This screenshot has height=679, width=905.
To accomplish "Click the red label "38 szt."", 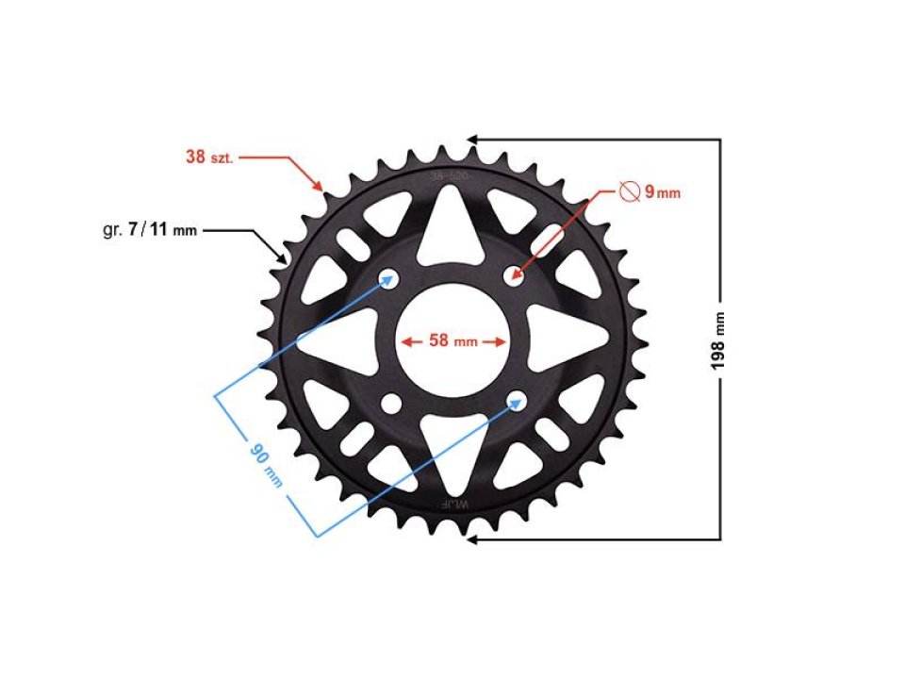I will pyautogui.click(x=208, y=157).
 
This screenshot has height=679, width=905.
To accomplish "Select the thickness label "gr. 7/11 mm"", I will pyautogui.click(x=149, y=229).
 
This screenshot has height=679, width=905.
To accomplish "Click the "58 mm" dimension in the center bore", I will pyautogui.click(x=452, y=341).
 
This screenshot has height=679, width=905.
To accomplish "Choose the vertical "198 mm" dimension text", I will pyautogui.click(x=721, y=340).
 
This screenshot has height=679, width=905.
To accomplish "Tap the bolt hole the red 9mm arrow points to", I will pyautogui.click(x=515, y=275).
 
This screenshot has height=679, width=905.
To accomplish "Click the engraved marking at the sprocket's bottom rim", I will pyautogui.click(x=452, y=505).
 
